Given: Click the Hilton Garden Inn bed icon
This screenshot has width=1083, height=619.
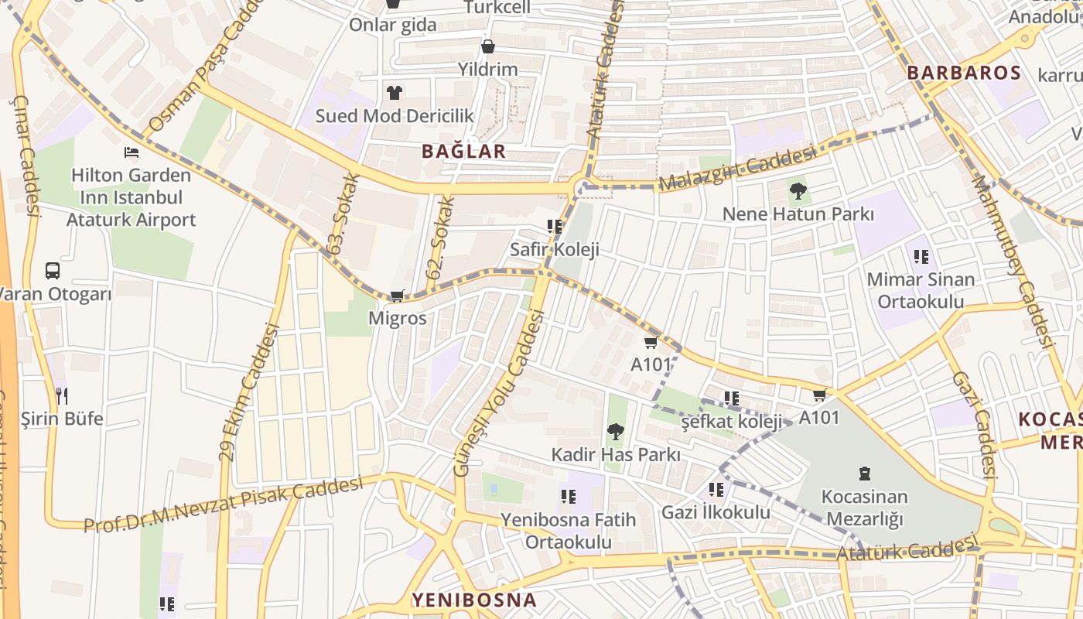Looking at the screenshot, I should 132,152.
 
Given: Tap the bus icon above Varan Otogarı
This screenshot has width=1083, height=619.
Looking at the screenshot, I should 53,271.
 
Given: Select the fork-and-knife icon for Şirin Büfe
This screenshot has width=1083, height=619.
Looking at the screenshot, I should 62,396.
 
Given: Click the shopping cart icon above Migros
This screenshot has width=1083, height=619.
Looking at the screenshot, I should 398,296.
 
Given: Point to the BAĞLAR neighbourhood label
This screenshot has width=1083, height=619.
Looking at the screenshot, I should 463,152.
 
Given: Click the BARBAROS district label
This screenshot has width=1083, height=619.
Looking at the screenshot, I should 964,74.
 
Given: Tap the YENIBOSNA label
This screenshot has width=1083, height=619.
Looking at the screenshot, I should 473,600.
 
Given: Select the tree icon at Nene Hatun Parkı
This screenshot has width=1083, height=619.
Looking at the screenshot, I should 798,190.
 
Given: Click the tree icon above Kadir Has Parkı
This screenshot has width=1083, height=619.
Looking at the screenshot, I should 616,431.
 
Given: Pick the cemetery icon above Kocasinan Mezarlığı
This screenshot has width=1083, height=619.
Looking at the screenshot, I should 865,473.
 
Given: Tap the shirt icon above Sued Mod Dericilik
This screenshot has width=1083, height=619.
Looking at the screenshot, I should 395,93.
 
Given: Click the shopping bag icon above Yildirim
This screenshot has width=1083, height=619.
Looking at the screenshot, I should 488,46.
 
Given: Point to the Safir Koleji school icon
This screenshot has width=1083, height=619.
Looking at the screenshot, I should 554,227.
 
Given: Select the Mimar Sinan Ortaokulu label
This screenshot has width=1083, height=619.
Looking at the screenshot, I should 921,290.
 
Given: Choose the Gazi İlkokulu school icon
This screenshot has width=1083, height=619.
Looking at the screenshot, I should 716,490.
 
